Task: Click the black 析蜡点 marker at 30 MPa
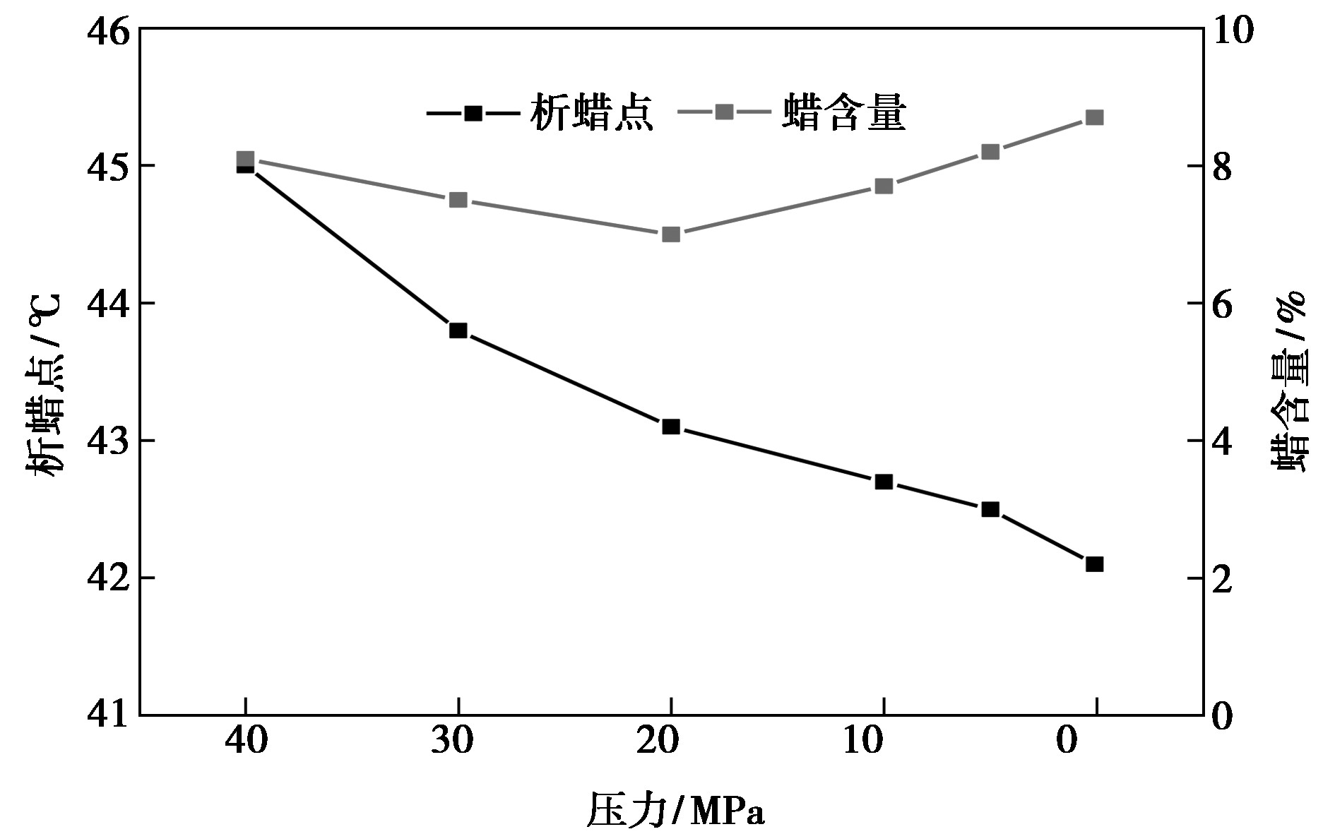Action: point(458,330)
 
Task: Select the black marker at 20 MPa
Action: point(671,427)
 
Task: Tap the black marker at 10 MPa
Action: point(884,482)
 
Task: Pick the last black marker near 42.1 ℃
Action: point(1094,564)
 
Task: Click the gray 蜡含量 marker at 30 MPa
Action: point(458,200)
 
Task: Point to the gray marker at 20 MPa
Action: point(671,234)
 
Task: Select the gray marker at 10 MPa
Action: point(884,186)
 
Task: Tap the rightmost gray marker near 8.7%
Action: point(1094,117)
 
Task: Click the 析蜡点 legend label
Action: point(592,113)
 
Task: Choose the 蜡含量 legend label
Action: point(844,113)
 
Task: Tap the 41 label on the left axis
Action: point(107,715)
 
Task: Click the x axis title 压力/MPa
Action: point(675,811)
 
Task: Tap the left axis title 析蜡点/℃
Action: point(44,385)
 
